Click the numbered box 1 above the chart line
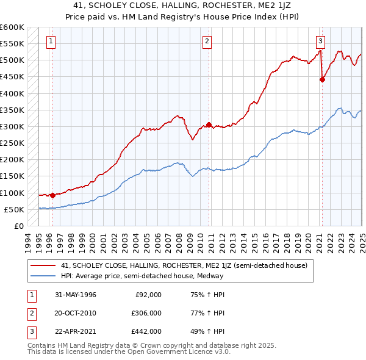50,41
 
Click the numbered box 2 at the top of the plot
207,41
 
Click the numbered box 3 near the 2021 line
320,41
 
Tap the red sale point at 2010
209,125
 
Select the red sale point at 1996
52,196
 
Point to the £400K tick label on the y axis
12,93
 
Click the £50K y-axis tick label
14,209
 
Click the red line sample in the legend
43,266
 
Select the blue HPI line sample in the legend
43,276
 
